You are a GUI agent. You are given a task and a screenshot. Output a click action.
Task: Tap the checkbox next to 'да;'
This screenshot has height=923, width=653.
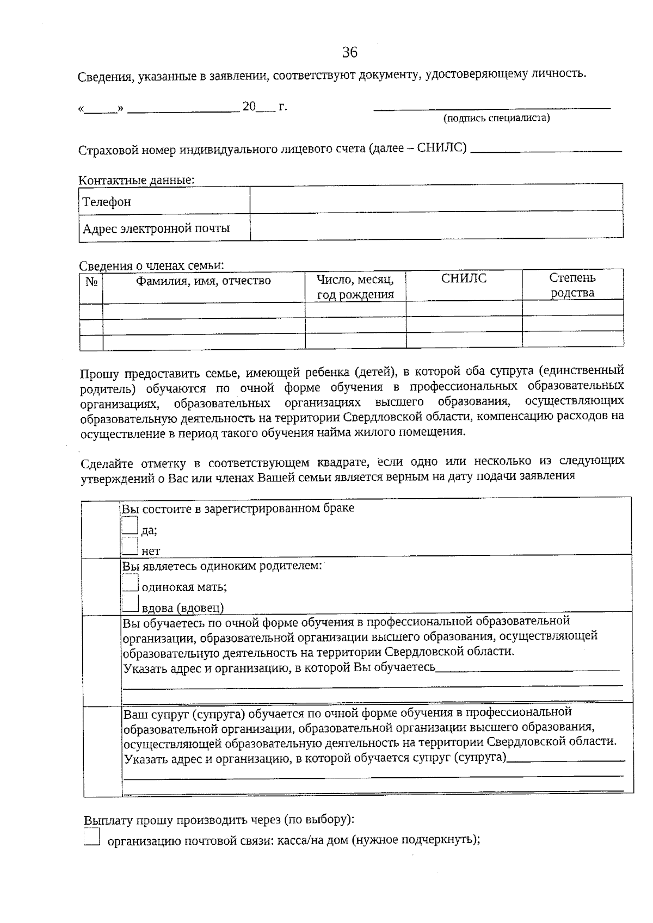coord(130,525)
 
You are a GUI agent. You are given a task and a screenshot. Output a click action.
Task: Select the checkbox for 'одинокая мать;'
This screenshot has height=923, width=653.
coord(130,583)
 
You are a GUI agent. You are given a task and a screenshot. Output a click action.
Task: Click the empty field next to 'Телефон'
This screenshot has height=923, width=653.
coord(436,199)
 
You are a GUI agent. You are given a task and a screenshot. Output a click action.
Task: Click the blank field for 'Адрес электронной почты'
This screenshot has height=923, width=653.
coord(436,226)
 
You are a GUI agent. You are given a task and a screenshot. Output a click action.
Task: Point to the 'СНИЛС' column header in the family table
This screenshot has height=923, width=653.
coord(464,279)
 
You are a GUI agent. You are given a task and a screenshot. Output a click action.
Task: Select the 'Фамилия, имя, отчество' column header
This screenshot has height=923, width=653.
coord(203,281)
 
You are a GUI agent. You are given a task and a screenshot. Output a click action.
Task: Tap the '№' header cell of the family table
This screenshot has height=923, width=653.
coord(91,281)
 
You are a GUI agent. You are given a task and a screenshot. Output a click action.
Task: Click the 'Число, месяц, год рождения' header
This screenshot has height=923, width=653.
coord(355,287)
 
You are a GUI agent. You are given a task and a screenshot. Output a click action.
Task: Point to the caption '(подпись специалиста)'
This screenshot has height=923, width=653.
coord(496,118)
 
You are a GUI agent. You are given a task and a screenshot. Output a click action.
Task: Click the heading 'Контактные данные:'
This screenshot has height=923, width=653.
coord(137,179)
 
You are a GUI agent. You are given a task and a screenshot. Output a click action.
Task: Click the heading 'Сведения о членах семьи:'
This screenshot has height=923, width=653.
coord(151,265)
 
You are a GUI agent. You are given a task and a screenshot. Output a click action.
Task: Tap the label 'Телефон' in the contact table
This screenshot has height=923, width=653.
coord(107,202)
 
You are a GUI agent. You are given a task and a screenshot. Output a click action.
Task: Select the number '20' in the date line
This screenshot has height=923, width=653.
coord(249,107)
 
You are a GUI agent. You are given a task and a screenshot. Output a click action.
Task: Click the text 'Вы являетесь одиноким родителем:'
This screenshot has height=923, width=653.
coord(221,566)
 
